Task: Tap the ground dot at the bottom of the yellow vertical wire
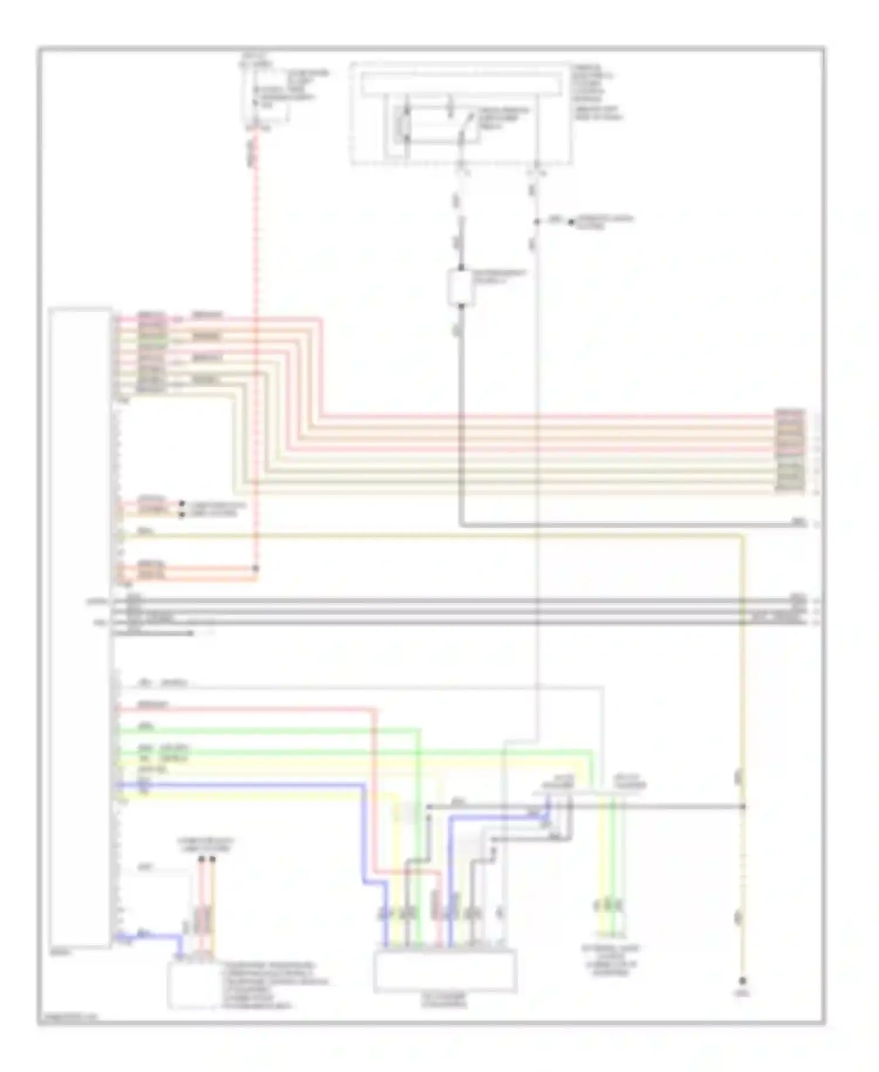[x=742, y=981]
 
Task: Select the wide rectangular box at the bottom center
[x=445, y=971]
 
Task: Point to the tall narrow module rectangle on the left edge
[x=81, y=627]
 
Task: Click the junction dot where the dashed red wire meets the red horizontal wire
[x=255, y=568]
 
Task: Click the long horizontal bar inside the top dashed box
[x=460, y=86]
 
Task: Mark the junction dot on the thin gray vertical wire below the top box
[x=537, y=222]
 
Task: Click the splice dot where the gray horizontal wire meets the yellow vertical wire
[x=742, y=807]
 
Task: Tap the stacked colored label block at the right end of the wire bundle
[x=790, y=450]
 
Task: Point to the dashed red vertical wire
[x=255, y=352]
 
